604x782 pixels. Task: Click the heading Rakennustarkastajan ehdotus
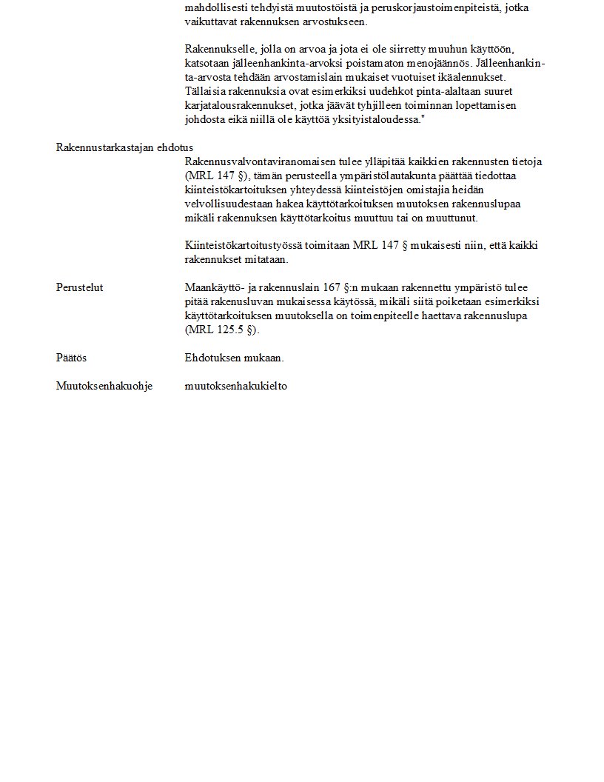point(124,147)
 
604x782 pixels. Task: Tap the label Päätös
point(71,358)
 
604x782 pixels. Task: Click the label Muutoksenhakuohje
point(104,386)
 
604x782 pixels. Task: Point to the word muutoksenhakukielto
point(235,386)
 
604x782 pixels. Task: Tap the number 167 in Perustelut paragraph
point(332,287)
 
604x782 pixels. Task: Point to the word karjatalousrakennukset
point(237,105)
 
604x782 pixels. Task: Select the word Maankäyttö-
point(214,287)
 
